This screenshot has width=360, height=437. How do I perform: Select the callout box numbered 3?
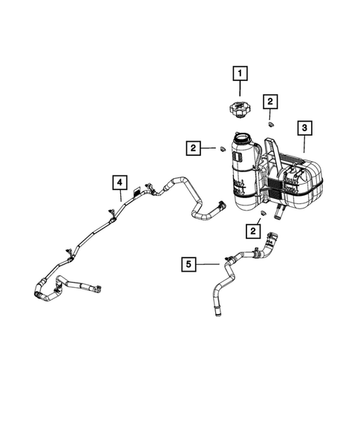[304, 128]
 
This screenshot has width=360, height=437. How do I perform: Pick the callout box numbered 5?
[189, 263]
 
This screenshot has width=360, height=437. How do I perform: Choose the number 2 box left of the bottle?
[194, 149]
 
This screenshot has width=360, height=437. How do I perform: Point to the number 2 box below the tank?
[254, 232]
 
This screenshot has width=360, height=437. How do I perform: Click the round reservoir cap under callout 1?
[240, 111]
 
